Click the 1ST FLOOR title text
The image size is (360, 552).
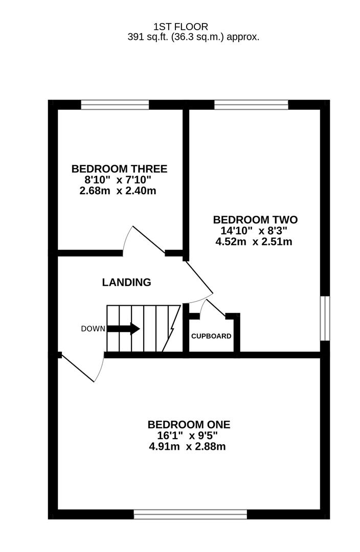(x=181, y=27)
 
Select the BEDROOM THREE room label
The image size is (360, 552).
(x=119, y=169)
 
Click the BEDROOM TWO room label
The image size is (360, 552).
(x=255, y=220)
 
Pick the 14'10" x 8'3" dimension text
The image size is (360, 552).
(x=254, y=231)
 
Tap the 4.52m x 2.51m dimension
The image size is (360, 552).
(x=254, y=242)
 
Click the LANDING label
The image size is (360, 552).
(x=126, y=282)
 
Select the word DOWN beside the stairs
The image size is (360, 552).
(x=93, y=329)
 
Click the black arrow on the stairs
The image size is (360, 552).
(x=123, y=329)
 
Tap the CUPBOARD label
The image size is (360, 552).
(x=211, y=336)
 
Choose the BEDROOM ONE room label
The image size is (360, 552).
(x=189, y=424)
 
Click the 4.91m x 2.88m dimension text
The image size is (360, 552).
(x=187, y=447)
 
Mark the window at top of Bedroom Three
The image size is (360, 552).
(x=115, y=105)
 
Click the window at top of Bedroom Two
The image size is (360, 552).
(x=251, y=105)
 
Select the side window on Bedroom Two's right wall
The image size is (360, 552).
(x=325, y=317)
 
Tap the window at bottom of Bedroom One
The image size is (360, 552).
(x=190, y=514)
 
